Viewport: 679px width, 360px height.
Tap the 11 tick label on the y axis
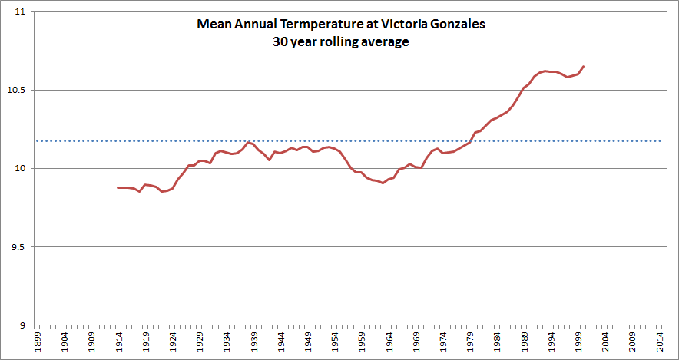[x=19, y=13]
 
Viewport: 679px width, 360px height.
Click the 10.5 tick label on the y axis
[x=16, y=91]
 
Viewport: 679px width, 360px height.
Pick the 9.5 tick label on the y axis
[x=16, y=247]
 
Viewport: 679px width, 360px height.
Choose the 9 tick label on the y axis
[x=22, y=325]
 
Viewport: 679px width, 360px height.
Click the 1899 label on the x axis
[x=38, y=342]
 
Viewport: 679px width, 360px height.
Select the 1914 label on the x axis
[x=118, y=342]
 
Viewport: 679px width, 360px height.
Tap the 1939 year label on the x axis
[x=253, y=342]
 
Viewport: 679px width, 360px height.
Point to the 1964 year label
[x=389, y=342]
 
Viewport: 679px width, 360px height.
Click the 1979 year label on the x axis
[x=469, y=342]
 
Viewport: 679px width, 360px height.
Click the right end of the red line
[x=584, y=66]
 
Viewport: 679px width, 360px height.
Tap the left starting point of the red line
[x=118, y=187]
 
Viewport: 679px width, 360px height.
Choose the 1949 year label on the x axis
[x=307, y=342]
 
